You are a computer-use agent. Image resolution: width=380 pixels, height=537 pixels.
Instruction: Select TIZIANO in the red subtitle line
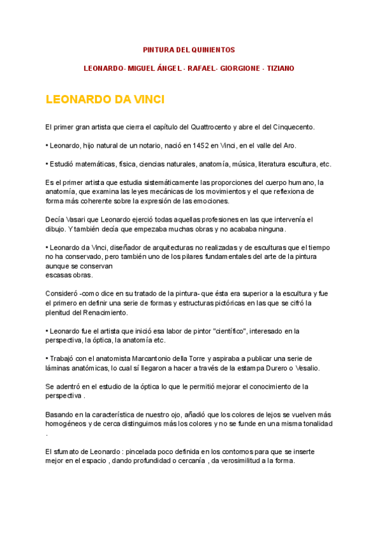pos(281,68)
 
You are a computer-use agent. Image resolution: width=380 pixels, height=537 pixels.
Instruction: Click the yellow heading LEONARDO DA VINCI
pos(105,100)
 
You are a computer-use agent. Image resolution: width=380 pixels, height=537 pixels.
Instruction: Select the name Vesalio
pos(306,367)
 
